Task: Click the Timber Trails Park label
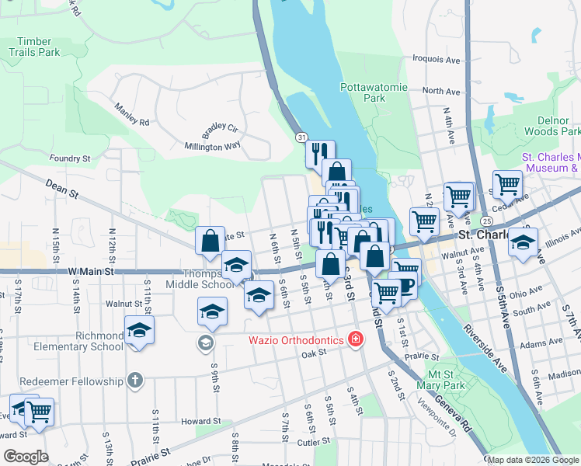coord(34,46)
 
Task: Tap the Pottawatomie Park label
coord(374,93)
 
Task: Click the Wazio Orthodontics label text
coord(296,339)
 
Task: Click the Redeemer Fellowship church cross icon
coord(135,381)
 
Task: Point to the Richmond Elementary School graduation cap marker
coord(139,329)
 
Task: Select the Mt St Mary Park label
coord(435,380)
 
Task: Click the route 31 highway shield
coord(301,137)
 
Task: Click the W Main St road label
coord(91,271)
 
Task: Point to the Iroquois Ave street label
coord(437,59)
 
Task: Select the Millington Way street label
coord(212,146)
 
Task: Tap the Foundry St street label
coord(70,158)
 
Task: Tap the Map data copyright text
coord(532,460)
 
